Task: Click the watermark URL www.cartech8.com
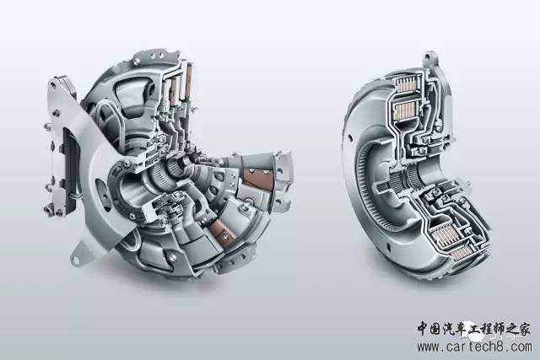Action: [x=474, y=347]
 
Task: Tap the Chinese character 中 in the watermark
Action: [x=424, y=329]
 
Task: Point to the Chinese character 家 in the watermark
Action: [x=523, y=329]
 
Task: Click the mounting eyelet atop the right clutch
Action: [x=430, y=57]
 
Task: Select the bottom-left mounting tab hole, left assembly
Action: [x=75, y=260]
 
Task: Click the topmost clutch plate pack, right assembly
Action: [x=408, y=85]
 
